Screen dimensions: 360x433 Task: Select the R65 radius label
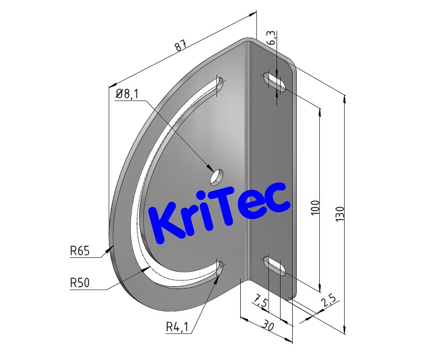pyautogui.click(x=80, y=251)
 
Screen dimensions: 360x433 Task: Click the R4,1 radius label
pyautogui.click(x=177, y=327)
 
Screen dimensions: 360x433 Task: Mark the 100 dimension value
pyautogui.click(x=315, y=207)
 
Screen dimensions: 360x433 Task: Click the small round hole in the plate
pyautogui.click(x=217, y=175)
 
